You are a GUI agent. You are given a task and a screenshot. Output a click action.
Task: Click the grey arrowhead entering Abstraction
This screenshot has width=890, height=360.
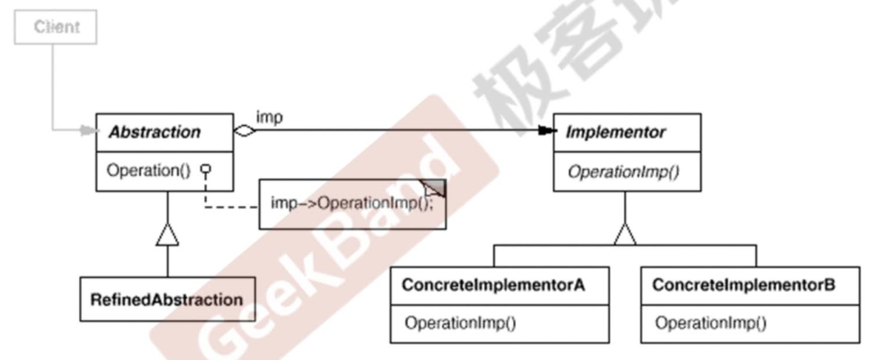88,132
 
